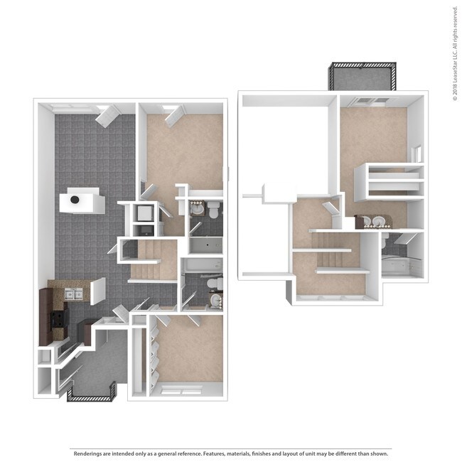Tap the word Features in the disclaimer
(x=219, y=453)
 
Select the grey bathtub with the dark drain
(x=204, y=246)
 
